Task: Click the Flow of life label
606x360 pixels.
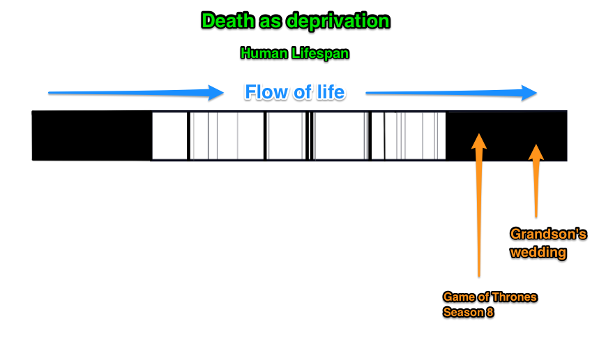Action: (294, 92)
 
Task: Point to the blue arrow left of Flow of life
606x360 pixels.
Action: (132, 92)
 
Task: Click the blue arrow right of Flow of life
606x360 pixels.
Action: (450, 92)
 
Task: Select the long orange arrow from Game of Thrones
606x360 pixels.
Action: (479, 209)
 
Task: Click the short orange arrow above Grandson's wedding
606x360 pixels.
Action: (535, 181)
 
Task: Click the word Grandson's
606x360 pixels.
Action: (548, 234)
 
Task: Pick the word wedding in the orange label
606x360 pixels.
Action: (538, 252)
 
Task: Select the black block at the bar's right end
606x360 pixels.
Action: (506, 135)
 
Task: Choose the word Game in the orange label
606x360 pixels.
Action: (457, 297)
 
